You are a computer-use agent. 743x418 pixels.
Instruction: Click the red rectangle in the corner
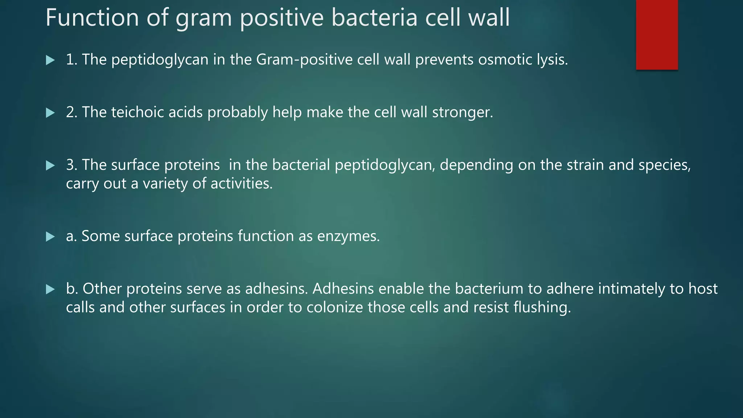[x=657, y=34]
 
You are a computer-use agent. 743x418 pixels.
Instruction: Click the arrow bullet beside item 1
[x=50, y=60]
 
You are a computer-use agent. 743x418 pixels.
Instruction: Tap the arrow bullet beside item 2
[x=50, y=113]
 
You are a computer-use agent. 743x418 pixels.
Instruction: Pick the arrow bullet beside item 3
[x=50, y=166]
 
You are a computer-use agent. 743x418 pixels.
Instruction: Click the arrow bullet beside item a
[x=50, y=237]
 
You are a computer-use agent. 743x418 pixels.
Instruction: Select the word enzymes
[x=348, y=237]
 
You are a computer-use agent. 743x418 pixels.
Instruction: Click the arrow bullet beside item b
[x=50, y=290]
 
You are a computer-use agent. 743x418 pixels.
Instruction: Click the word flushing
[x=542, y=308]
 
